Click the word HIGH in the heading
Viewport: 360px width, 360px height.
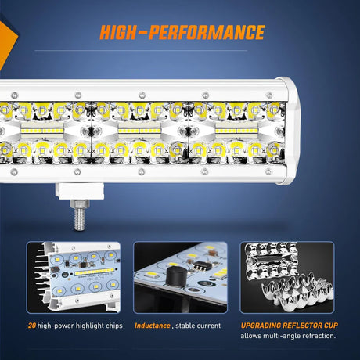point(118,32)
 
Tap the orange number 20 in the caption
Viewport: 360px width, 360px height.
point(32,326)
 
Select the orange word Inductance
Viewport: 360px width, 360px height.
point(153,326)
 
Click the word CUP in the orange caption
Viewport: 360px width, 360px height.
point(331,326)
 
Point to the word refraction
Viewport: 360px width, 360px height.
point(319,336)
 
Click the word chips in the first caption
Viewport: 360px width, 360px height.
point(114,326)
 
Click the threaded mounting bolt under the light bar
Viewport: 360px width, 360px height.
point(79,215)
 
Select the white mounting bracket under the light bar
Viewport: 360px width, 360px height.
point(80,191)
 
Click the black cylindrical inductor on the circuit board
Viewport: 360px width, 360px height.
point(175,276)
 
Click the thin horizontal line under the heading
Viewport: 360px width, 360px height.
point(141,50)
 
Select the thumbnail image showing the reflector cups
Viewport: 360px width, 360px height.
point(287,277)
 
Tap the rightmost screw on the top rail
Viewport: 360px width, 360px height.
point(269,95)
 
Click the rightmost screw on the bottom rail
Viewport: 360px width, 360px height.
point(268,171)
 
